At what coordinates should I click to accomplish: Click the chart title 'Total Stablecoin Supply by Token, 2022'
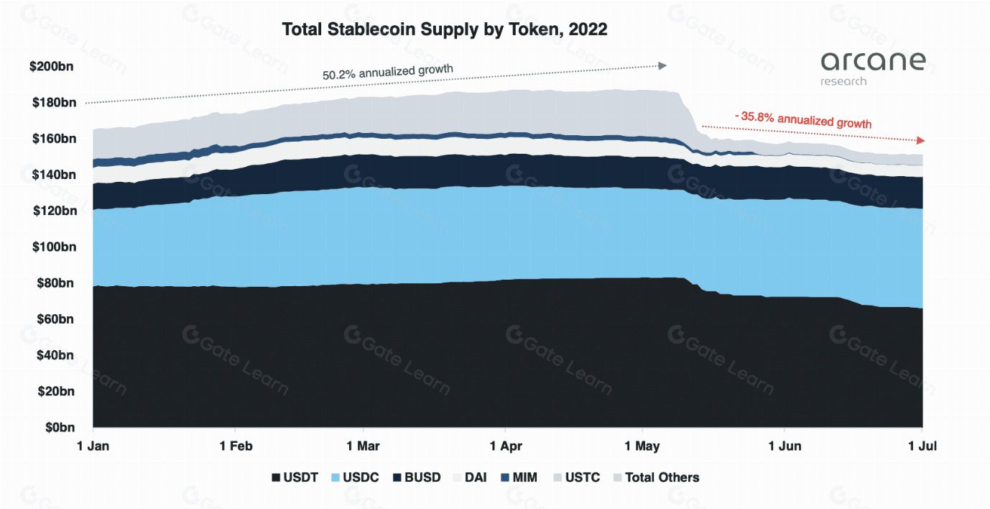pos(444,29)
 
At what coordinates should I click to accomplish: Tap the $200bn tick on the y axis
pos(52,66)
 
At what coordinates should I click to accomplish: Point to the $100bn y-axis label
pos(52,247)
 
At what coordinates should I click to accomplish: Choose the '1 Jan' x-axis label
pos(93,446)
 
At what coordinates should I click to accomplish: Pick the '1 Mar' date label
pos(364,446)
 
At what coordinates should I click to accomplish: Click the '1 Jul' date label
pos(922,446)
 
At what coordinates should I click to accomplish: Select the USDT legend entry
pos(295,477)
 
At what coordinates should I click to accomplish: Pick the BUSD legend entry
pos(417,477)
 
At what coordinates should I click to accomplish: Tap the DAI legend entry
pos(469,477)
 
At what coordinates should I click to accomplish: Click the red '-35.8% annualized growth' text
pos(802,119)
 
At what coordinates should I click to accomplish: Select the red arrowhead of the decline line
pos(921,140)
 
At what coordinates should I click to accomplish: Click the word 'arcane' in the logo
pos(873,61)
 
